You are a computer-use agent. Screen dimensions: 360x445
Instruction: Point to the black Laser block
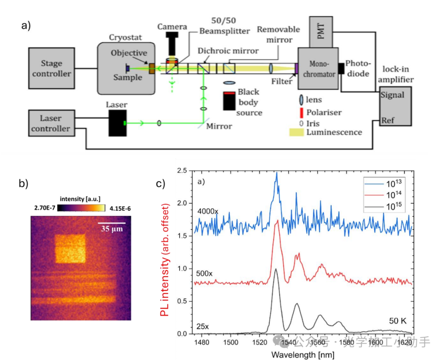point(118,122)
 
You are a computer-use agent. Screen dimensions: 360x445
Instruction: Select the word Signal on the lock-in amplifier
point(392,95)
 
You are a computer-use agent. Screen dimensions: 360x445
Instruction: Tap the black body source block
point(230,101)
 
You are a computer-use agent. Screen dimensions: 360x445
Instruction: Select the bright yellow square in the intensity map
point(70,248)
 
